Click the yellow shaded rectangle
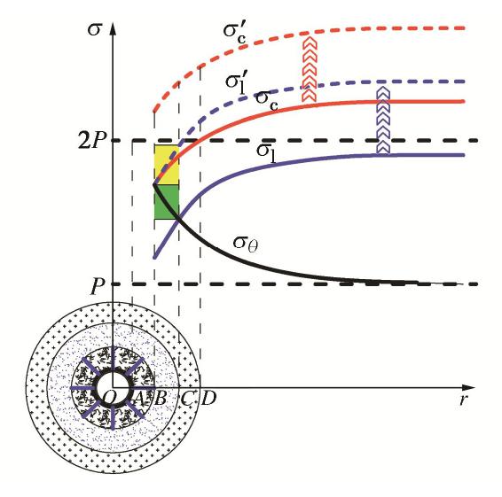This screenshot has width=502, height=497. pos(167,165)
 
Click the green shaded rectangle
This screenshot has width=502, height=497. pos(167,202)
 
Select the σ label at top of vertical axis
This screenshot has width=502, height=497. pos(95,30)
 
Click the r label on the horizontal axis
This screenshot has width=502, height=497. pos(463,400)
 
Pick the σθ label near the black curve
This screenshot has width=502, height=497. pos(246,244)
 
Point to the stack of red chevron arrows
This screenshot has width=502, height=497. pos(310,69)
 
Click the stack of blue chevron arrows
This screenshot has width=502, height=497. pos(383,120)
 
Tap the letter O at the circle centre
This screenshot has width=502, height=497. pos(109,398)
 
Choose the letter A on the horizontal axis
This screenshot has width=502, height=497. pos(138,398)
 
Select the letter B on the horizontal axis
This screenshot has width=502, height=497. pos(160,398)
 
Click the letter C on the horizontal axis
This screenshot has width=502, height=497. pos(186,398)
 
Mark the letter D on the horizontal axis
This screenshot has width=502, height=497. pos(208,398)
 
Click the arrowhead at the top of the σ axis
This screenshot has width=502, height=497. pos(113,28)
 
